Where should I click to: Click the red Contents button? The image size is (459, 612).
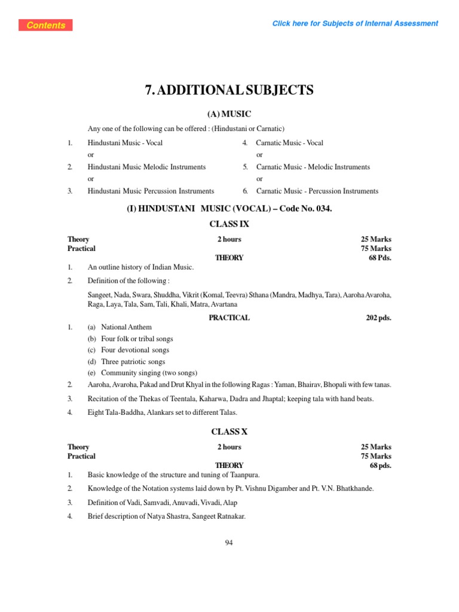pos(46,25)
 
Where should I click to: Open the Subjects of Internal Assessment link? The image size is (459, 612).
pos(355,23)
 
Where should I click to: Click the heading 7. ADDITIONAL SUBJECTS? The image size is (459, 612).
pos(229,90)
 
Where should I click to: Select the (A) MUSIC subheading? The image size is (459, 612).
pos(229,114)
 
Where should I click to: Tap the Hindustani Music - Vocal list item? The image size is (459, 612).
pos(125,143)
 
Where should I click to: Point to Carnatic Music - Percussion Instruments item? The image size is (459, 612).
pos(317,191)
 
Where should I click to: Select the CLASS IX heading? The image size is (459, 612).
pos(229,224)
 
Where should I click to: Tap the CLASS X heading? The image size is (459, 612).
pos(229,432)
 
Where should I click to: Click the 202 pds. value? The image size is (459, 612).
pos(378,318)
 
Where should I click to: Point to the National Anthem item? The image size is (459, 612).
pos(126,327)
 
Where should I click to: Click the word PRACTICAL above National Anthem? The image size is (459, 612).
pos(229,318)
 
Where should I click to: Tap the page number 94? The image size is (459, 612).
pos(229,543)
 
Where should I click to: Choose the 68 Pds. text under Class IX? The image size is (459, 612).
pos(380,258)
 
